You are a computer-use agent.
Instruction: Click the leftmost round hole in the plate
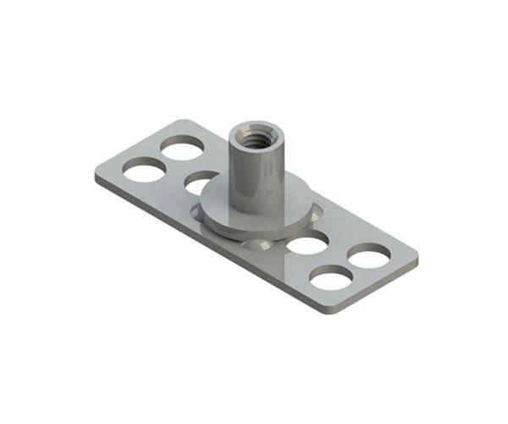142,170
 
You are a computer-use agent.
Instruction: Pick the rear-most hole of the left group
183,148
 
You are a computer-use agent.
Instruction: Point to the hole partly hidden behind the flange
200,181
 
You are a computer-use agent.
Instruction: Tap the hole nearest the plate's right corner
369,254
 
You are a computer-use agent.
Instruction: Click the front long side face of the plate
212,246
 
